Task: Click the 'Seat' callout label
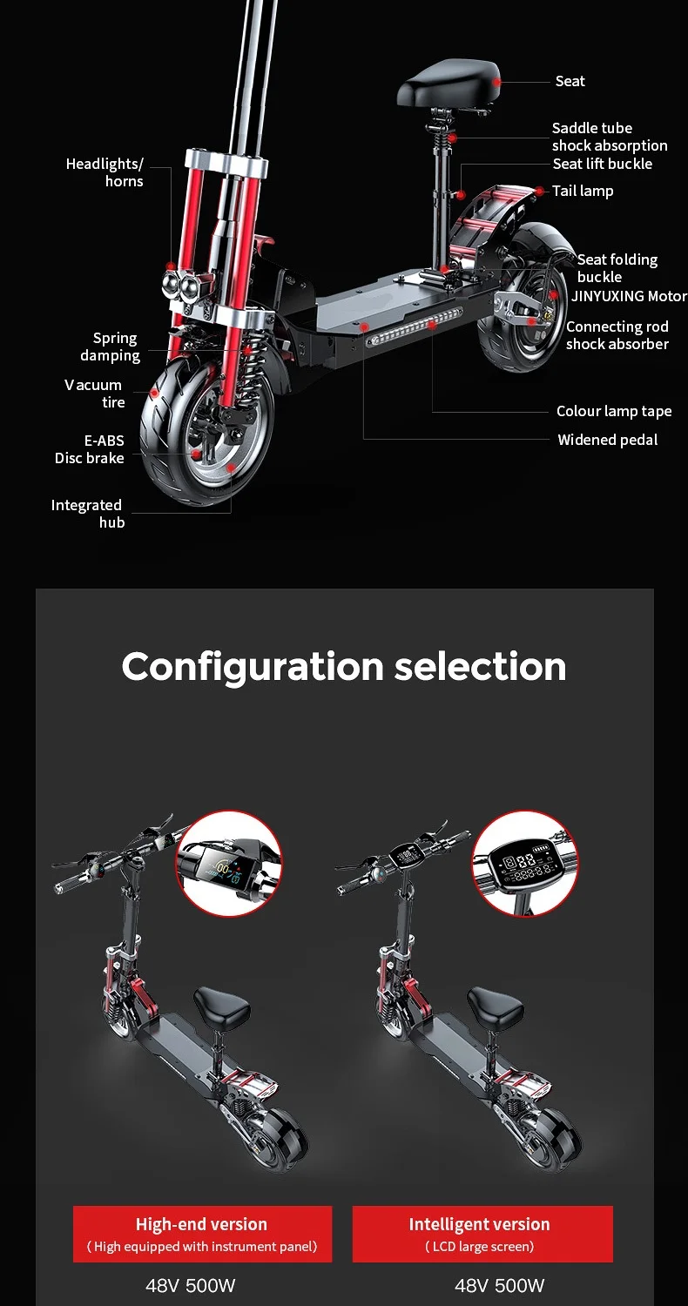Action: [570, 81]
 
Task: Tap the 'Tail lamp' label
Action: [583, 191]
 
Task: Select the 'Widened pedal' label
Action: [607, 440]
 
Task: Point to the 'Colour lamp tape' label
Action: [614, 411]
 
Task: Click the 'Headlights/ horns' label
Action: [105, 172]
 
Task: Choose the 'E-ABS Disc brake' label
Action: [90, 449]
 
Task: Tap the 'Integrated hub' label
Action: [87, 514]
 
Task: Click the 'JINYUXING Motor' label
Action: [629, 296]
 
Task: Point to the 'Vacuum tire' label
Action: [94, 394]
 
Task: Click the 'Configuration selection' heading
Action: [344, 666]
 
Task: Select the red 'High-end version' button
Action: [202, 1234]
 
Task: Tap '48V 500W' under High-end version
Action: [190, 1285]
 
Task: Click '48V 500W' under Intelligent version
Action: [499, 1285]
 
